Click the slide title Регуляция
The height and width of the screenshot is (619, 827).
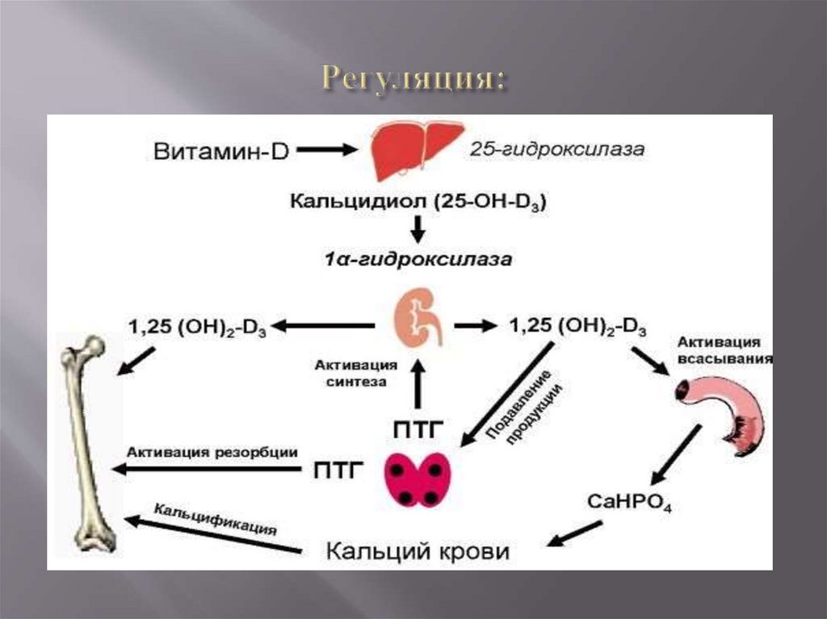click(414, 78)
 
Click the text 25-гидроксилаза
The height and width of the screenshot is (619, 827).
click(557, 150)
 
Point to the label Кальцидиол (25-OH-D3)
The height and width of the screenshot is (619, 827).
click(418, 203)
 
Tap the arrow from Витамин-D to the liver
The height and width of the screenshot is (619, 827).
click(328, 149)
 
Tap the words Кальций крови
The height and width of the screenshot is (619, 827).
click(418, 552)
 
